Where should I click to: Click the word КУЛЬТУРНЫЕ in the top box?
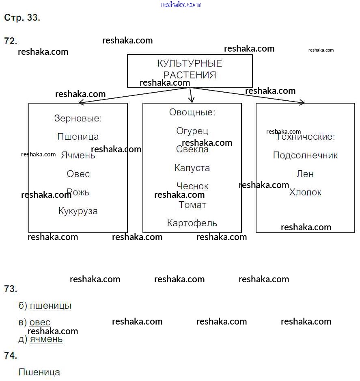tap(190, 64)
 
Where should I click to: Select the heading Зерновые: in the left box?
tap(78, 119)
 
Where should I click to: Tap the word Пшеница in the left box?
tap(78, 137)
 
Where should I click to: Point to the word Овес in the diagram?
tap(78, 174)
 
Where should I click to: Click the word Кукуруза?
tap(78, 211)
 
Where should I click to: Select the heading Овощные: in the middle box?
tap(192, 113)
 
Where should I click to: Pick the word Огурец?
tap(192, 131)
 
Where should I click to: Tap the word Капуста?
tap(192, 168)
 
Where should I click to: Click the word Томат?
tap(192, 205)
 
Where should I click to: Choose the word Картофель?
tap(192, 223)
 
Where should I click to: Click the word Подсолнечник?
tap(305, 156)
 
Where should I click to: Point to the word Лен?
tap(305, 174)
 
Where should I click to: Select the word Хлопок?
tap(305, 192)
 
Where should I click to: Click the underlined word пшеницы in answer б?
tap(50, 306)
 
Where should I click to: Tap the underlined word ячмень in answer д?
tap(46, 339)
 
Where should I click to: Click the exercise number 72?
tap(11, 41)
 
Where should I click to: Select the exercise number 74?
tap(11, 355)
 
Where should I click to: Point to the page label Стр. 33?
tap(22, 18)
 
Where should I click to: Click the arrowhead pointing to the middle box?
tap(192, 100)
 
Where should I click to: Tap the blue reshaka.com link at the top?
tap(181, 4)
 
